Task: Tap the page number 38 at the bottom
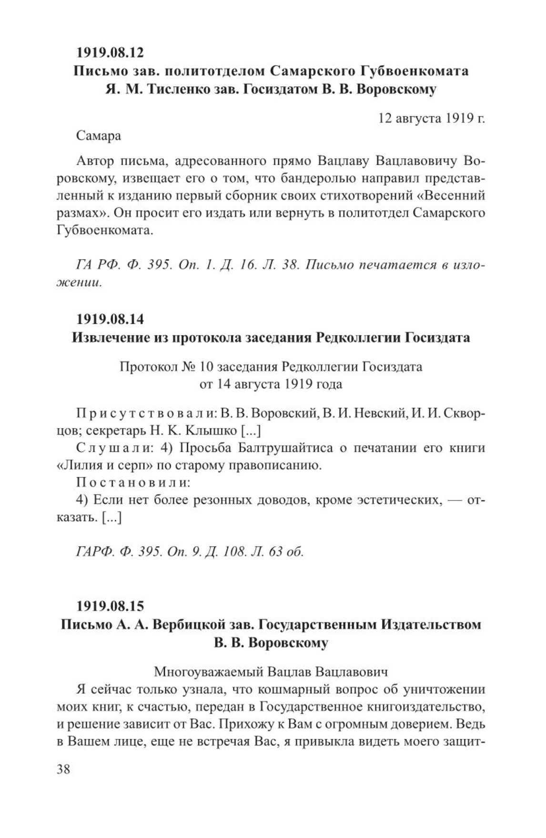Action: pyautogui.click(x=63, y=769)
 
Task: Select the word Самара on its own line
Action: pyautogui.click(x=98, y=136)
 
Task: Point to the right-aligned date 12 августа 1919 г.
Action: pyautogui.click(x=431, y=118)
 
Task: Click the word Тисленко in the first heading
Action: pyautogui.click(x=179, y=90)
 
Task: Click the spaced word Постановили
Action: pyautogui.click(x=132, y=482)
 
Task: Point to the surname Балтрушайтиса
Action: pyautogui.click(x=274, y=448)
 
